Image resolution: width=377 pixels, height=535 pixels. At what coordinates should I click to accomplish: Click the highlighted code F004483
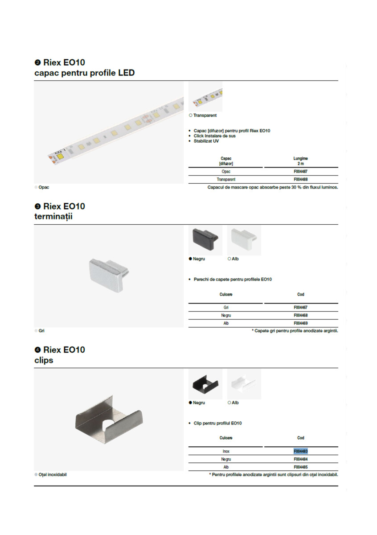coord(300,451)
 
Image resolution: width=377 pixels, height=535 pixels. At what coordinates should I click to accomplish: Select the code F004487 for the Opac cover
coord(300,171)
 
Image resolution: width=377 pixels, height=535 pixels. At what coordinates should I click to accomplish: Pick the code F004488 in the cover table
coord(300,179)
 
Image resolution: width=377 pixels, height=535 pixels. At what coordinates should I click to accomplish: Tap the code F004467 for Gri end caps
coord(300,308)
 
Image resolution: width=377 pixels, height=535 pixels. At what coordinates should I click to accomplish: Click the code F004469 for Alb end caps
coord(300,323)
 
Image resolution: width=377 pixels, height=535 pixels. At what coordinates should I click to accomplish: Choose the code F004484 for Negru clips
coord(300,459)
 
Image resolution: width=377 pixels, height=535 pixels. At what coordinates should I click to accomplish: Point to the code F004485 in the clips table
coord(300,467)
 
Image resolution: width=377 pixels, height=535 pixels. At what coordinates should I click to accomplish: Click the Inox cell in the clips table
coord(226,451)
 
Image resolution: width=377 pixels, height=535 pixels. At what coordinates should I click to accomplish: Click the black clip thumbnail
coord(205,384)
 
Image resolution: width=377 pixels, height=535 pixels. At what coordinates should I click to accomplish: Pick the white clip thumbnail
coord(243,384)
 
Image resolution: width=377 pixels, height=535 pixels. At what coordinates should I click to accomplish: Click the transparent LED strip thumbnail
coord(205,97)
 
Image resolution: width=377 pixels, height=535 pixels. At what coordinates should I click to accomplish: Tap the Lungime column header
coord(300,161)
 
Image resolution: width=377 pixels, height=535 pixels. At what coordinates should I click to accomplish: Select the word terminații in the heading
coord(53,217)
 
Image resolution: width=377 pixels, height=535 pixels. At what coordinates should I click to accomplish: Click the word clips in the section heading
coord(44,360)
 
